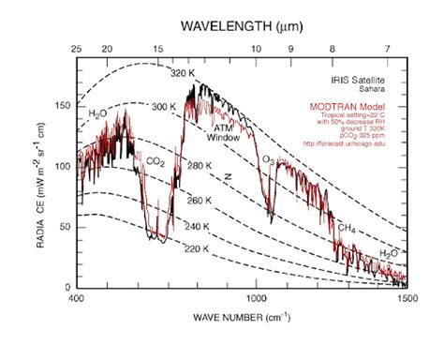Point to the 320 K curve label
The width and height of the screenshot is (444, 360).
[x=182, y=72]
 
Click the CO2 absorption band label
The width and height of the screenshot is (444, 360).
[x=155, y=160]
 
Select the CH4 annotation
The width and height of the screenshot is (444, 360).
[x=347, y=228]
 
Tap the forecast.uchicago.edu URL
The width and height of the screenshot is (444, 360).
[x=358, y=143]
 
